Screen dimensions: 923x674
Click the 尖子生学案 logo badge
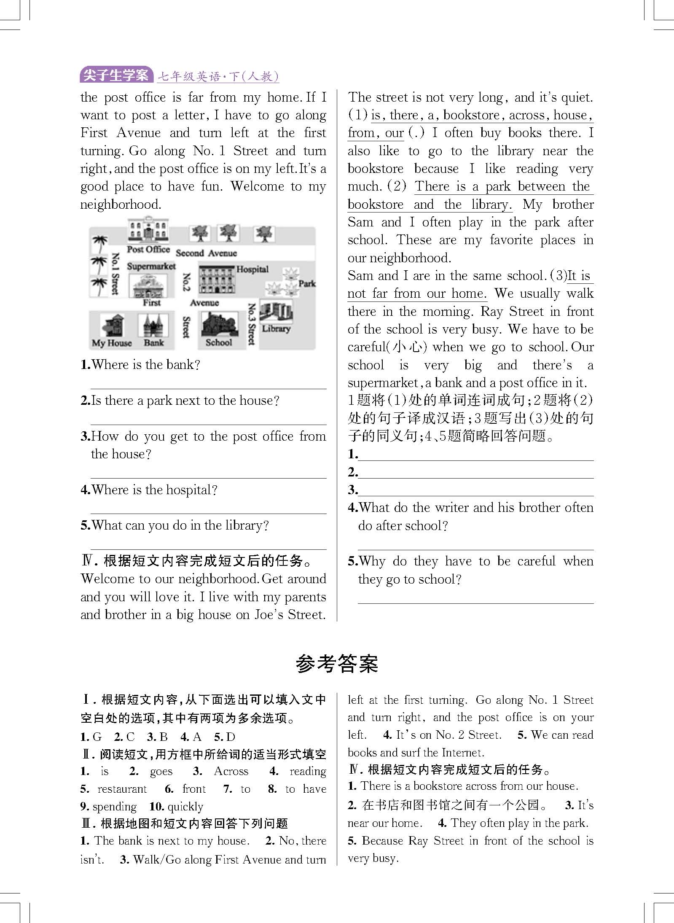click(x=116, y=75)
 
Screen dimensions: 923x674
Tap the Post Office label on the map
click(x=148, y=249)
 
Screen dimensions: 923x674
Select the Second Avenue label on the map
click(x=206, y=253)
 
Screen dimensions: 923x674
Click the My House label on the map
click(x=112, y=343)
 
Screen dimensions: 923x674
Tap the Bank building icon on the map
click(x=153, y=326)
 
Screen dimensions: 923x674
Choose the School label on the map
click(x=219, y=342)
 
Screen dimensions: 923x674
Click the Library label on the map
click(x=276, y=328)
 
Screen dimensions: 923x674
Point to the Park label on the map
click(x=307, y=283)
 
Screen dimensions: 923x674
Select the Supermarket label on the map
click(x=151, y=266)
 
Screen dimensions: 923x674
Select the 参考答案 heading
click(x=337, y=664)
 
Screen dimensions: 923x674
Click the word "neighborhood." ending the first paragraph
click(x=121, y=205)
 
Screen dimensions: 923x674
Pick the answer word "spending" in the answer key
click(x=115, y=807)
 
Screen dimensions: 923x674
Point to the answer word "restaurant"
click(x=122, y=789)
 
